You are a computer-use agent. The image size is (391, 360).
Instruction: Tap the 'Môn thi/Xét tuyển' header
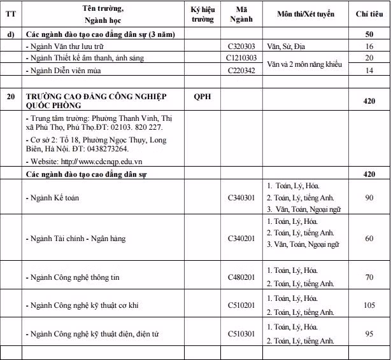[x=306, y=13]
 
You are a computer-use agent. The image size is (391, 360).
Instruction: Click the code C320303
[x=241, y=46]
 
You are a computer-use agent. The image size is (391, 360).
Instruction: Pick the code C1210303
[x=241, y=58]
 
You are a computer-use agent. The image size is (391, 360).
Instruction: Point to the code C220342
[x=241, y=70]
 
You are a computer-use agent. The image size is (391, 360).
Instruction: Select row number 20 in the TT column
[x=10, y=97]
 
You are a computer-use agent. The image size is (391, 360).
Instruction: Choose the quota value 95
[x=369, y=334]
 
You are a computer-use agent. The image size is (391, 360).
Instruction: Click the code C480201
[x=241, y=277]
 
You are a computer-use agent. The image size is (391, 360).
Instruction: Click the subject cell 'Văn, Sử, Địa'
[x=287, y=46]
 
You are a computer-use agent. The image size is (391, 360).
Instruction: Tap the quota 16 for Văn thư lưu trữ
[x=369, y=46]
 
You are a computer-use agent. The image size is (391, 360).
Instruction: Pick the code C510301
[x=241, y=334]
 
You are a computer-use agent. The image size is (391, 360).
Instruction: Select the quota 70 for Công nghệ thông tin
[x=369, y=277]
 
